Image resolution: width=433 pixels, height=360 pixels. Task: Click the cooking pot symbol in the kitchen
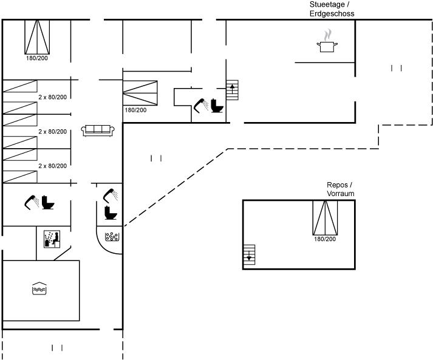[327, 46]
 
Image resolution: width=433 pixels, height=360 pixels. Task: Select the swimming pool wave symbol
[38, 289]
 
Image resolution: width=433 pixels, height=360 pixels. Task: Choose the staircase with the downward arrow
[249, 254]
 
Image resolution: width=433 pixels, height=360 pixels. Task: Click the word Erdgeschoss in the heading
[332, 13]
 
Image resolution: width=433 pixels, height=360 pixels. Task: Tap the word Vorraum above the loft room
[340, 193]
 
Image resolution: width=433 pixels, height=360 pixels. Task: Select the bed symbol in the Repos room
[325, 217]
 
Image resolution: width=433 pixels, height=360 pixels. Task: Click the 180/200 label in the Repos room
[325, 240]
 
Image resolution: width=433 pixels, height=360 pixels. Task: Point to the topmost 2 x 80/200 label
[52, 97]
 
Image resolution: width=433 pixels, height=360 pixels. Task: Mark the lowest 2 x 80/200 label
[52, 166]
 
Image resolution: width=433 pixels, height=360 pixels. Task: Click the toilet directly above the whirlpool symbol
[111, 213]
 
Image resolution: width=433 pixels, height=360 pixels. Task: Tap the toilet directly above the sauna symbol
[48, 202]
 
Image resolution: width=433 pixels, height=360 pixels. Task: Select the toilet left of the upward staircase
[216, 106]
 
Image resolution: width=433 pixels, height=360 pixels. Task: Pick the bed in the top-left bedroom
[36, 36]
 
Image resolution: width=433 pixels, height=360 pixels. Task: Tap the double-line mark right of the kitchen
[397, 68]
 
